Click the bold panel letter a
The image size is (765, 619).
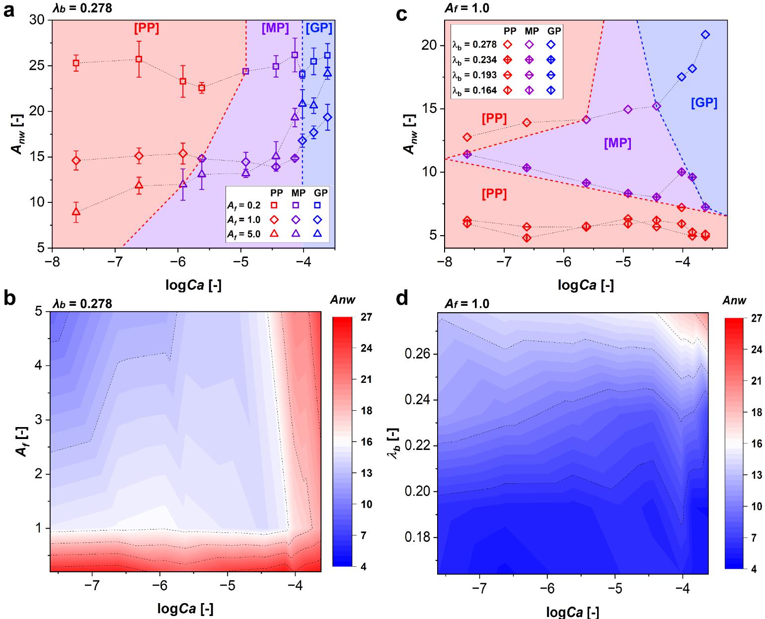pos(8,10)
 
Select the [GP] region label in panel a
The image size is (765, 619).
pos(318,28)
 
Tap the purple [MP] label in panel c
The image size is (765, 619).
pos(617,144)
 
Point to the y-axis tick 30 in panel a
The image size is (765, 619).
pos(39,20)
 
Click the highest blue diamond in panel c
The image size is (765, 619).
pos(705,35)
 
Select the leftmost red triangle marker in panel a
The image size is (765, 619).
pos(76,211)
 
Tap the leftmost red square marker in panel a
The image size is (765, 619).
pos(76,63)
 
